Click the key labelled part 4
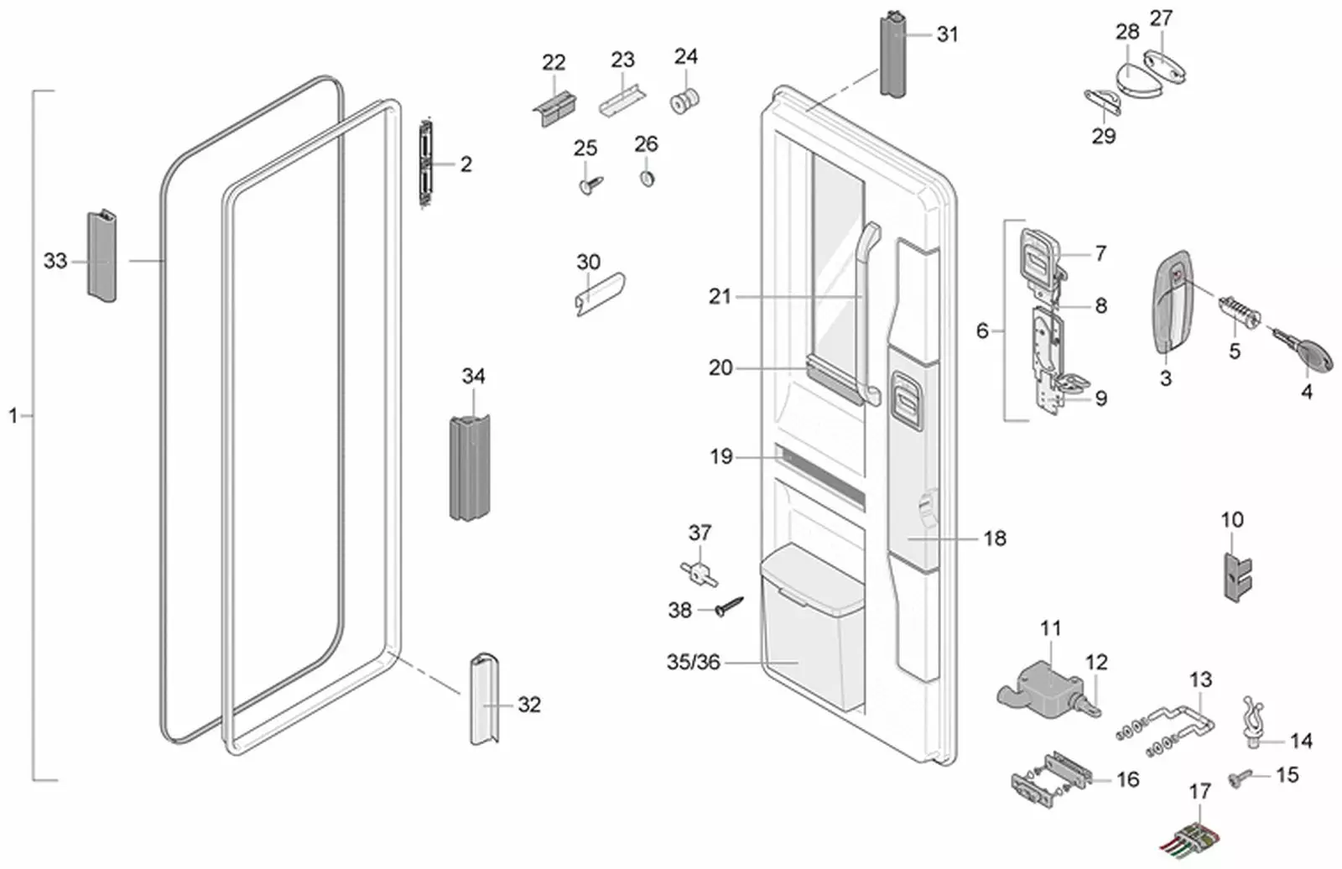(x=1308, y=351)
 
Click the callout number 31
(x=947, y=34)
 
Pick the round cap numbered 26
(x=647, y=179)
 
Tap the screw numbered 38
(x=728, y=606)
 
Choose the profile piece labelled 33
(x=101, y=255)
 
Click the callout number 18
(x=994, y=539)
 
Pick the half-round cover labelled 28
(x=1139, y=78)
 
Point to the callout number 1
(x=13, y=415)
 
